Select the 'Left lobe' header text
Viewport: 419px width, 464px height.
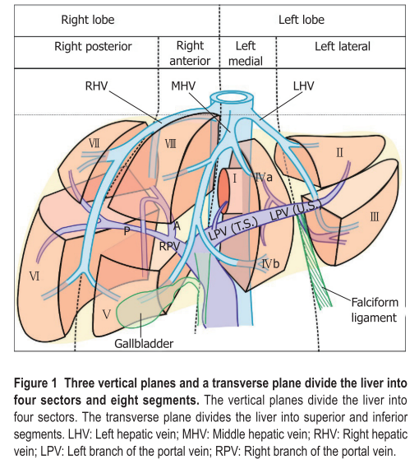coord(302,20)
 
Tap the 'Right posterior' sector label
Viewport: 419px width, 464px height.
coord(93,47)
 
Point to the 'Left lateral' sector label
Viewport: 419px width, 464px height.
coord(343,46)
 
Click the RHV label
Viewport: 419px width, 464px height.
coord(97,86)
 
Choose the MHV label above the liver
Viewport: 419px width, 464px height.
coord(183,86)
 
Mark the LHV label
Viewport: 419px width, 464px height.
coord(303,86)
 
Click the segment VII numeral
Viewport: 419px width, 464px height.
coord(94,143)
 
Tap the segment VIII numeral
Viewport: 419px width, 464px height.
coord(171,144)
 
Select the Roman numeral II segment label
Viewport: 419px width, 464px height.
coord(340,153)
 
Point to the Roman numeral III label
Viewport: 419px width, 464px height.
coord(374,217)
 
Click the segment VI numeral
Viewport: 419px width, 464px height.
coord(35,276)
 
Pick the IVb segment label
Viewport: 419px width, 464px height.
coord(270,263)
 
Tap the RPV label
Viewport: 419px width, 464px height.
coord(169,246)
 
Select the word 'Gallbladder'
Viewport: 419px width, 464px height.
coord(144,344)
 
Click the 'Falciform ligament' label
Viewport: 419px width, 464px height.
coord(375,310)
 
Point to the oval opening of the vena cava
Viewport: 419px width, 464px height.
coord(232,98)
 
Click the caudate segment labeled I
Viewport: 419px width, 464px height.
coord(234,179)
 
